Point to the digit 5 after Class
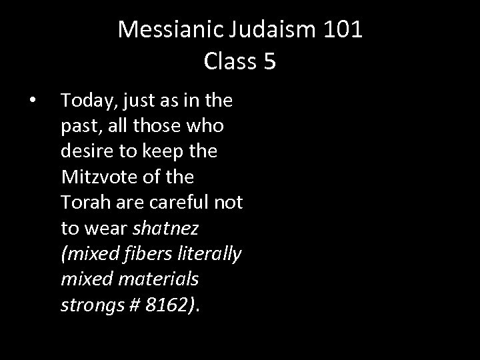click(x=269, y=61)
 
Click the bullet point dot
click(x=32, y=101)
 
